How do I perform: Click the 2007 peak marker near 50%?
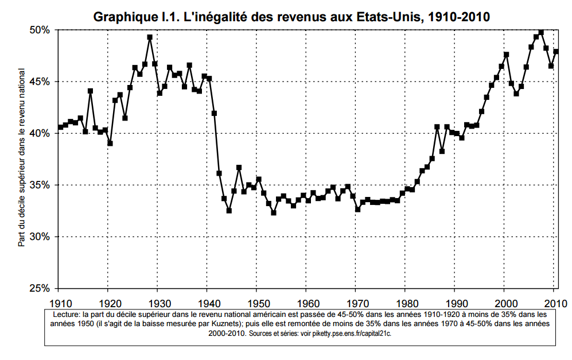[x=541, y=32]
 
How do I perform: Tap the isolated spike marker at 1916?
[x=90, y=91]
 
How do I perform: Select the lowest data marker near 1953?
[x=274, y=213]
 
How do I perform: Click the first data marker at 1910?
[x=60, y=127]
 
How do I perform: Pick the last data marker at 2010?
[x=556, y=52]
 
